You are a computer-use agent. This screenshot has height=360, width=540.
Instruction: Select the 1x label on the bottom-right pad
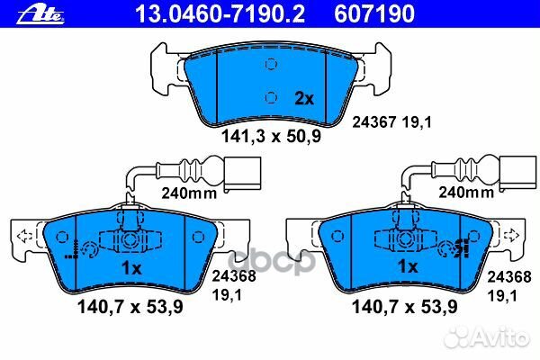[x=409, y=267]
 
